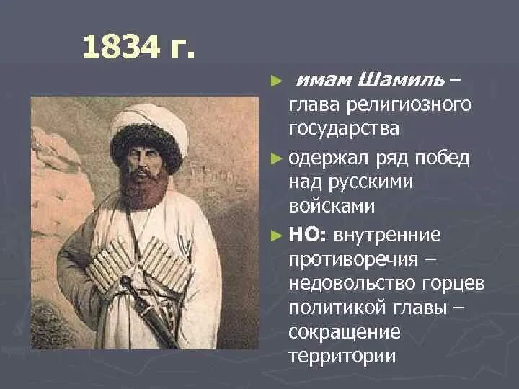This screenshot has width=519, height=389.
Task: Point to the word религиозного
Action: point(411,105)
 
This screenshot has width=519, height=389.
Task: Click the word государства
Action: point(344,130)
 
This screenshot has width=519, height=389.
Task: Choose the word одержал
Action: point(332,157)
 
